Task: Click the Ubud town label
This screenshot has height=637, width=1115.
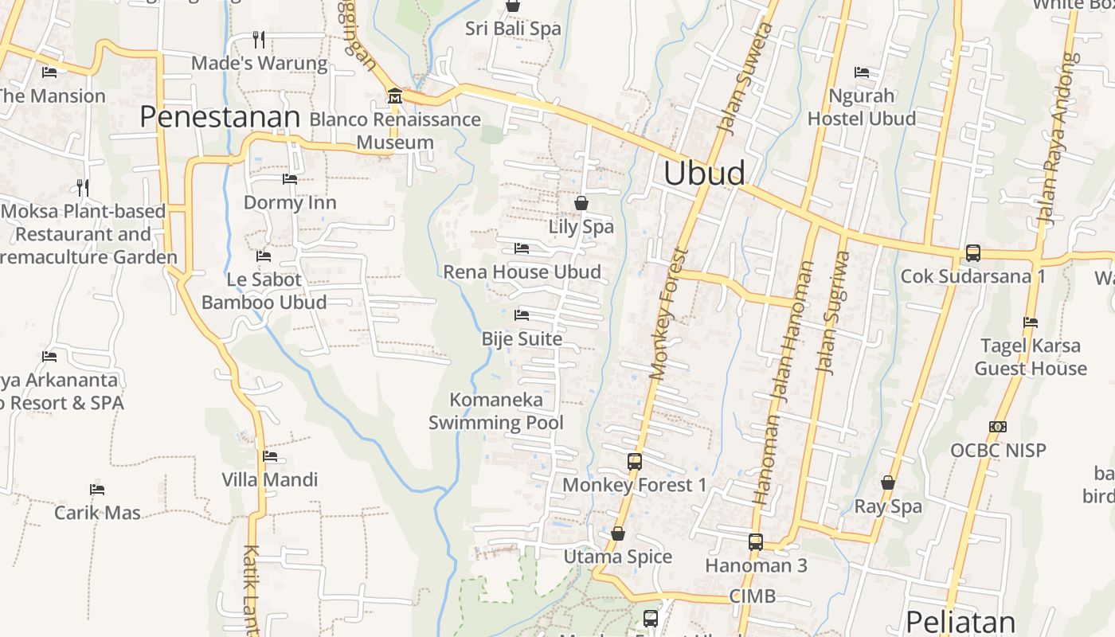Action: [704, 174]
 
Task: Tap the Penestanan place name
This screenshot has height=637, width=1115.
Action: [220, 117]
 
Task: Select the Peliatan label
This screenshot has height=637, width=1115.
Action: [960, 622]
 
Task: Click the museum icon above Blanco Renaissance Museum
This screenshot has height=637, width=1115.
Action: [394, 97]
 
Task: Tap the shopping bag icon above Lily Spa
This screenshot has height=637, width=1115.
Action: [581, 203]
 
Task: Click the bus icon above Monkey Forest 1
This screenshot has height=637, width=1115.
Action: [634, 461]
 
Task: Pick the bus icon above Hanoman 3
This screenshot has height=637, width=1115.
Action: [755, 542]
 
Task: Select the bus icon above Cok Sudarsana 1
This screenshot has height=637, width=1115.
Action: [972, 253]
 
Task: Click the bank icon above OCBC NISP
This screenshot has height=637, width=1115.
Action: [997, 427]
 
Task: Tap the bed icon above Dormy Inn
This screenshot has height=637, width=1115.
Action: [290, 179]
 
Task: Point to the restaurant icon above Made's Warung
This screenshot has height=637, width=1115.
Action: [259, 39]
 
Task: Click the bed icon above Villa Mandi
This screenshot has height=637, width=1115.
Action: [270, 456]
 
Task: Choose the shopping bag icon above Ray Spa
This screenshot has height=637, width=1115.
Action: [888, 483]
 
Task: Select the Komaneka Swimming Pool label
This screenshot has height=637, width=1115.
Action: [496, 411]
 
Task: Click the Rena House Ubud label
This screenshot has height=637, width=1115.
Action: [522, 272]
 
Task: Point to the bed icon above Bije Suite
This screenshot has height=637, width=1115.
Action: [522, 315]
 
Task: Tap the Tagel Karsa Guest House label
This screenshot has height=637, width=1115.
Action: [1031, 357]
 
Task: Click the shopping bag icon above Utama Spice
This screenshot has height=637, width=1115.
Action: [618, 533]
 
